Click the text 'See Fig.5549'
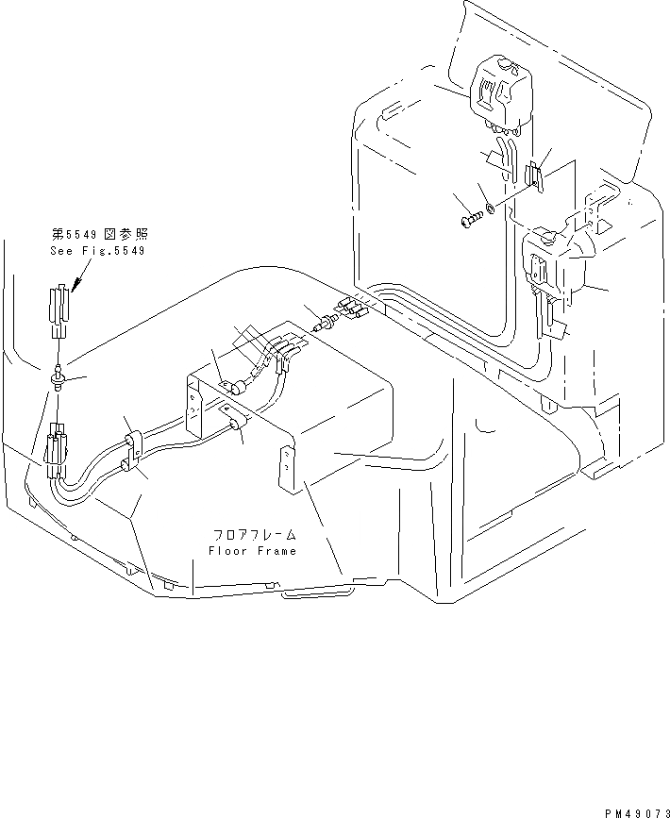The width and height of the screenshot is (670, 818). tap(98, 252)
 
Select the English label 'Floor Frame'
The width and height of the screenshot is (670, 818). tap(252, 551)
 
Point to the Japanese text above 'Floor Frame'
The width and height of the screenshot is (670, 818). tap(252, 535)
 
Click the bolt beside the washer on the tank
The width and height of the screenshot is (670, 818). tap(471, 221)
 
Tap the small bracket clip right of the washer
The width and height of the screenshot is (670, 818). tap(535, 176)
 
